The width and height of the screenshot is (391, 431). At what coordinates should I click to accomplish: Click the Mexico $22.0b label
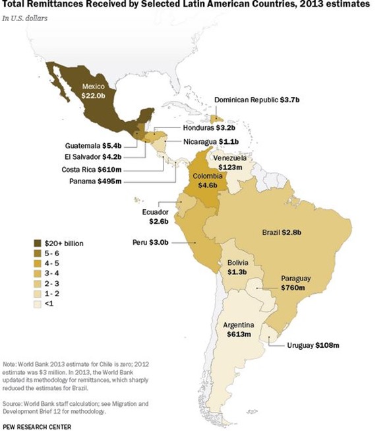click(x=93, y=90)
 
